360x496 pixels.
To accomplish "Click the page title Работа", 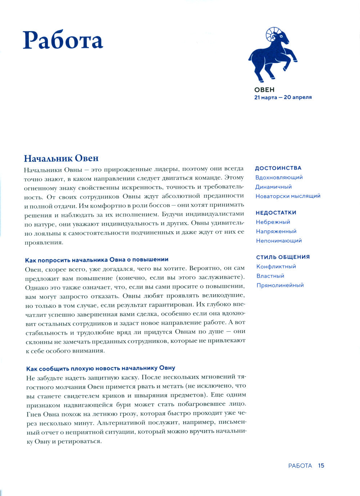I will [63, 40].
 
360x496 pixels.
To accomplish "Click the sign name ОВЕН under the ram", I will [264, 90].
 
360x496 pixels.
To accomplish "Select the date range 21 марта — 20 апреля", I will [283, 97].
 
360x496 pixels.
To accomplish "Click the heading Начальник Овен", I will [61, 158].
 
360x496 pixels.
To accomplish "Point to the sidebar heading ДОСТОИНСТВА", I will [278, 168].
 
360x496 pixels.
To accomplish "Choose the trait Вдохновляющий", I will [279, 178].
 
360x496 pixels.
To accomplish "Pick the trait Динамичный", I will [274, 187].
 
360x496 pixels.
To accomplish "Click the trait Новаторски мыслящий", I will [288, 196].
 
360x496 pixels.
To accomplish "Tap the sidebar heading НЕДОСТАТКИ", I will [276, 213].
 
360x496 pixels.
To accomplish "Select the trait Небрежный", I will [273, 222].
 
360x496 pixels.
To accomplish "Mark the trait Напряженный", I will [276, 232].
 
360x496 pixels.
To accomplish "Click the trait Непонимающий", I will [279, 241].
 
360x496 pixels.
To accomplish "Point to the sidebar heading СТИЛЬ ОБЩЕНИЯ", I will [283, 257].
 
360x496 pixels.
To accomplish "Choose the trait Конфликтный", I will [276, 267].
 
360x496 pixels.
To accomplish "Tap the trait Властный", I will [270, 276].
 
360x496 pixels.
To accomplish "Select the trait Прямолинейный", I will [280, 285].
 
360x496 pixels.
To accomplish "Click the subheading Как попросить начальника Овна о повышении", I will [96, 260].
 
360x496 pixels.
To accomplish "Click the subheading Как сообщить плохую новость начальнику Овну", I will [101, 368].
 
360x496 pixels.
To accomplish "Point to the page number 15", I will [321, 466].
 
